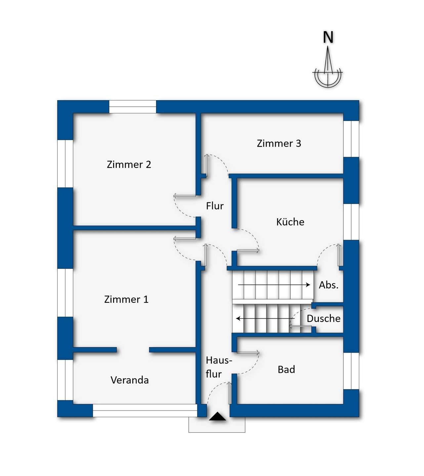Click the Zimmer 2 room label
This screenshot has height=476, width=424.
point(129,164)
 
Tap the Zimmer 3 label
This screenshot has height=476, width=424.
point(279,143)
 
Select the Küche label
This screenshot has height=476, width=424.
point(290,222)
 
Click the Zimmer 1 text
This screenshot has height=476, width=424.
point(126,299)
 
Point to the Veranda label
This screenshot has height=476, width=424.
point(129,380)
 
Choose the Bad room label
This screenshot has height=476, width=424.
point(286,369)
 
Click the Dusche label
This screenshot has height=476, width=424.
point(323,318)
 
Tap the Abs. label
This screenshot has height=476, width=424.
point(328,285)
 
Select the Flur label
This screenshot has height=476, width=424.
point(215,206)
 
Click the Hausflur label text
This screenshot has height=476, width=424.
point(218,367)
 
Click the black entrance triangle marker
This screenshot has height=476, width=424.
point(217,416)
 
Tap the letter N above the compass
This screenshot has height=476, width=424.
point(328,37)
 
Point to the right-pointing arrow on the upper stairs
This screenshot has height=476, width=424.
point(274,285)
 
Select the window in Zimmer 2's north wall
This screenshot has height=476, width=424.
point(133,107)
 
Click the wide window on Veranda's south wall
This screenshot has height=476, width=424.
point(145,411)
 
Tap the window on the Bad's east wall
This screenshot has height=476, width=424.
point(351,371)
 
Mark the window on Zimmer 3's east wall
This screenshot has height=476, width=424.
point(351,139)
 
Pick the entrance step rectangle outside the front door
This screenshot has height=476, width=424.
point(217,426)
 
